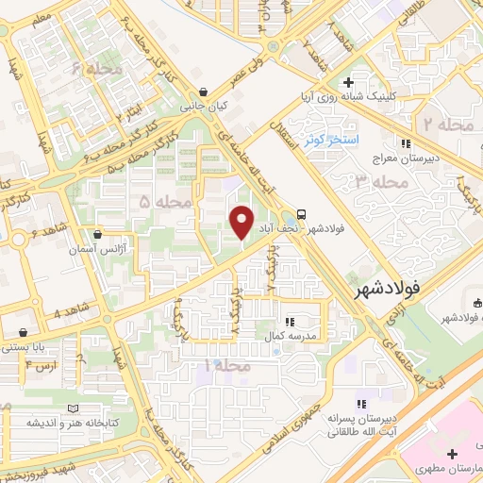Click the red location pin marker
pos(242,221)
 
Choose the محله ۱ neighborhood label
pos(230,363)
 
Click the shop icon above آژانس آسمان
pos(98,234)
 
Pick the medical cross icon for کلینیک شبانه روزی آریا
pos(349,82)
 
